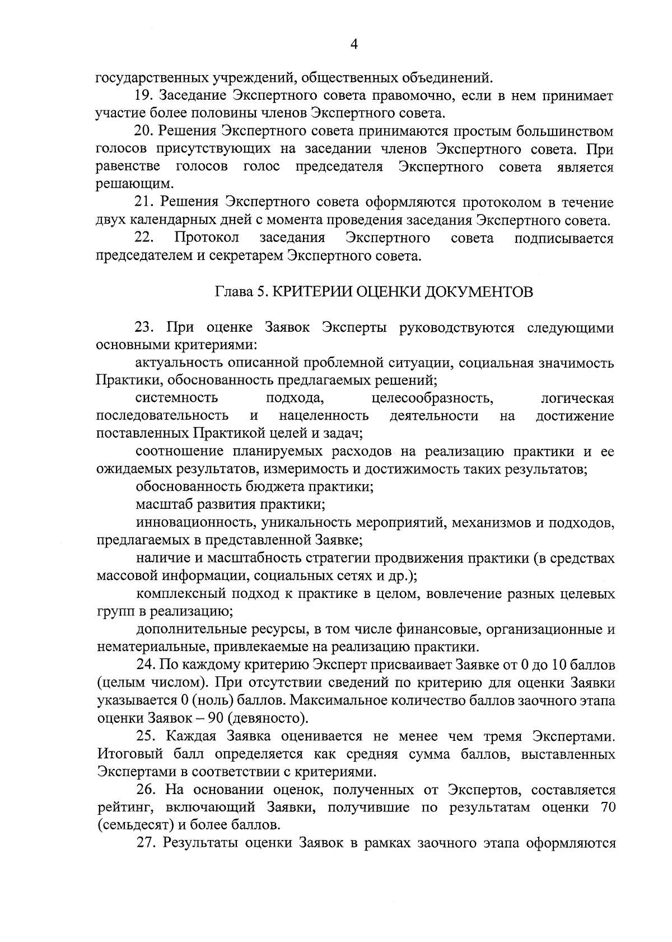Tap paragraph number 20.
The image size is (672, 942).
click(x=145, y=132)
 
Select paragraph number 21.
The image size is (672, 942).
click(x=145, y=202)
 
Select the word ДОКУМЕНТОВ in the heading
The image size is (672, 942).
click(x=479, y=292)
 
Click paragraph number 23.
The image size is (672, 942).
click(x=145, y=328)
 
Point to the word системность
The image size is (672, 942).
click(x=176, y=399)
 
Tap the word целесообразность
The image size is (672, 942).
click(x=432, y=399)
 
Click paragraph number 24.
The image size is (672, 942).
click(x=146, y=665)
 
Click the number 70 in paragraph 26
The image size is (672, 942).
click(x=605, y=808)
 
